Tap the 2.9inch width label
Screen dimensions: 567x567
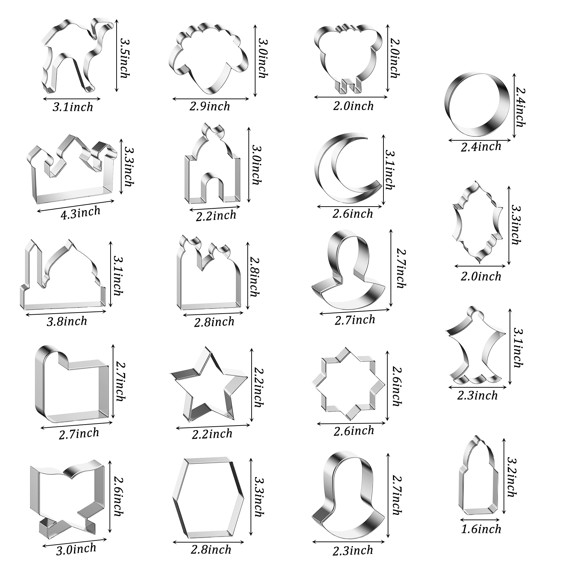(210, 106)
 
